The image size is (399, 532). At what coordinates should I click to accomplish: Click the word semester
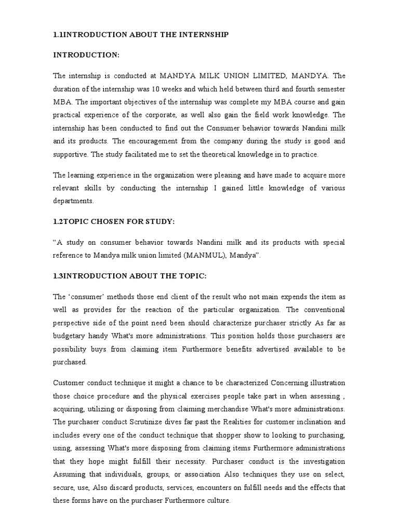(x=327, y=88)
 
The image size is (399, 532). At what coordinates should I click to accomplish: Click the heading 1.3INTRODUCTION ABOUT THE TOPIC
(x=130, y=275)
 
